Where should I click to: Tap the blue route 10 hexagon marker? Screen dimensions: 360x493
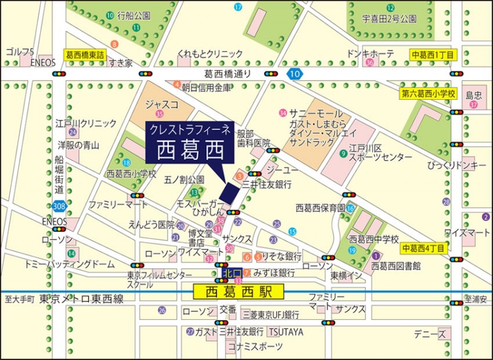coord(295,75)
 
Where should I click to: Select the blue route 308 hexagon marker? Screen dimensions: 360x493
coord(59,205)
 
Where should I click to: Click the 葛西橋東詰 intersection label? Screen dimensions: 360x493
coord(86,55)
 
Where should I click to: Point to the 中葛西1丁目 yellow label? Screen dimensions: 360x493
coord(433,55)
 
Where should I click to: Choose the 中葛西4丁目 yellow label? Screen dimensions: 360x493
coord(423,249)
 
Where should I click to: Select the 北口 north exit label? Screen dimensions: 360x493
coord(232,272)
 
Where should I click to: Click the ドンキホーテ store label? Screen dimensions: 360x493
coord(370,54)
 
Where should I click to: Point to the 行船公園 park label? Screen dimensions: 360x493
coord(134,14)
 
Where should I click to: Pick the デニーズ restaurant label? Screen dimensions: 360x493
coord(430,334)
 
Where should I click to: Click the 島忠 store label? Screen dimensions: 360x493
coord(473,95)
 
